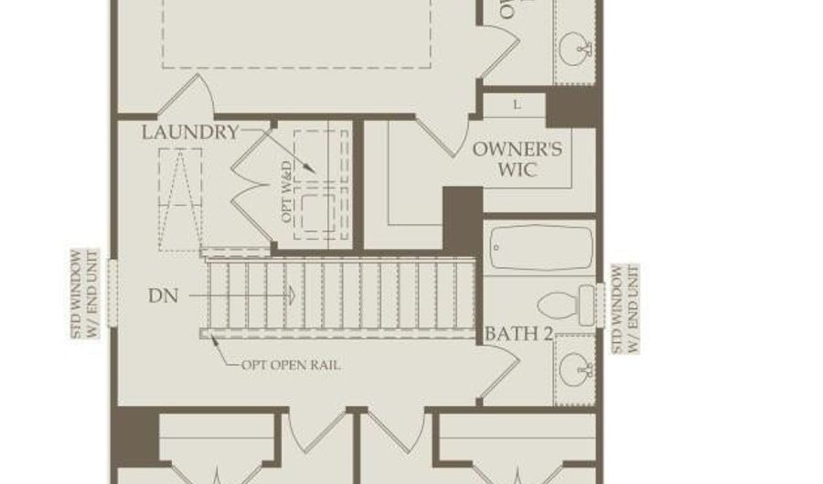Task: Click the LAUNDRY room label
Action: point(189,133)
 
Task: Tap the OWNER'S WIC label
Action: point(517,159)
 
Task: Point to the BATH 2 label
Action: point(518,334)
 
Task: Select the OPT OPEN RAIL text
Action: point(291,365)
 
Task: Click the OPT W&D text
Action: point(286,192)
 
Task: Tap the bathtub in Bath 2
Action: point(540,247)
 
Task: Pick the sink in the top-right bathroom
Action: point(576,44)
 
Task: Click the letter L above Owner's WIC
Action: point(517,104)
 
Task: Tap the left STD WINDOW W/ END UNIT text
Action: point(83,293)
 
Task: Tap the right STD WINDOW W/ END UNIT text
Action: point(626,309)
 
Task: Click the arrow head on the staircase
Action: point(291,296)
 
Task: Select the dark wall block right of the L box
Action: point(571,107)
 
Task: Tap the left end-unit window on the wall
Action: point(112,293)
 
